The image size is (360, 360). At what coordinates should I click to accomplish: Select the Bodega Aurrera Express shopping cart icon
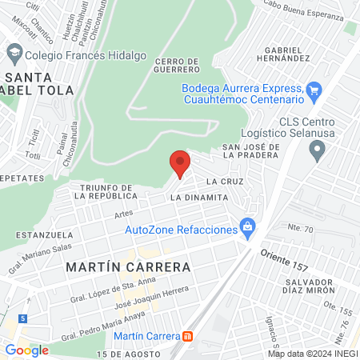pyautogui.click(x=314, y=89)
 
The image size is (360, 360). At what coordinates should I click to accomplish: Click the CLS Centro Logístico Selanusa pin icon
pyautogui.click(x=318, y=148)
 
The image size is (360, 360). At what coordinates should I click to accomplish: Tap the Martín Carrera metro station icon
pyautogui.click(x=188, y=336)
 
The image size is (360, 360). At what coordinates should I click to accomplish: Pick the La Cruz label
pyautogui.click(x=229, y=182)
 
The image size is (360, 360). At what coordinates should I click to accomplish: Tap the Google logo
pyautogui.click(x=26, y=350)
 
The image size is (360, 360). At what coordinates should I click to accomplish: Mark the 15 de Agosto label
pyautogui.click(x=123, y=354)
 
